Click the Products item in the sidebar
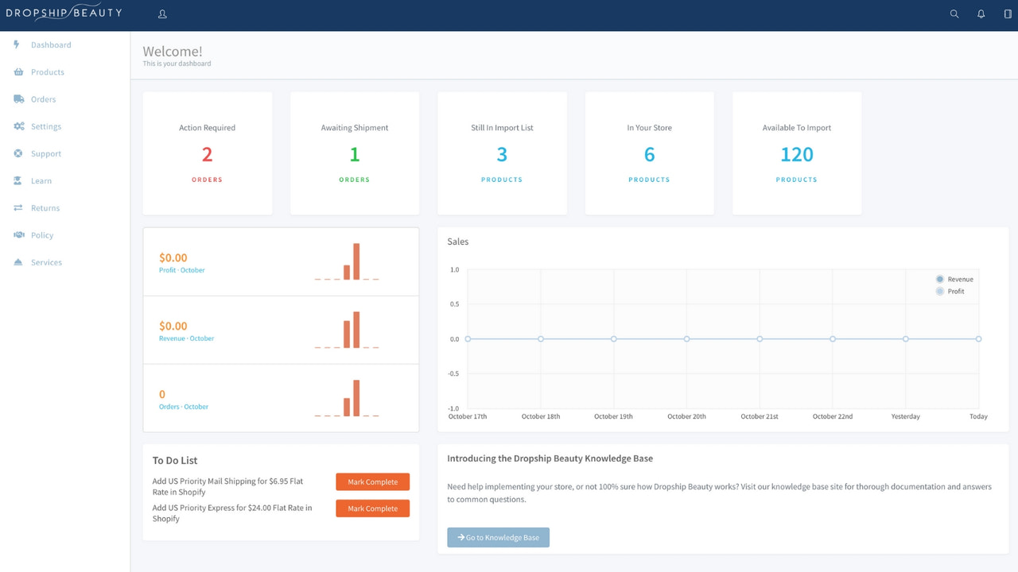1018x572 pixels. (x=47, y=72)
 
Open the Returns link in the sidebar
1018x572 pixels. (x=45, y=208)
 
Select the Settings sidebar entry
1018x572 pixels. (x=45, y=126)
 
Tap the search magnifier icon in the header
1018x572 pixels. (x=954, y=14)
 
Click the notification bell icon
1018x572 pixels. (x=981, y=14)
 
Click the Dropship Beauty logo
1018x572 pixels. (x=64, y=13)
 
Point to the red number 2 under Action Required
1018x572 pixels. (x=207, y=154)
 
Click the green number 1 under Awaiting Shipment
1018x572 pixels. (x=355, y=154)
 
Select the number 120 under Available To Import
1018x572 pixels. (x=796, y=154)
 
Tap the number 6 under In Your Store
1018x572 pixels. (x=649, y=154)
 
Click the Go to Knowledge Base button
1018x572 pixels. (x=498, y=538)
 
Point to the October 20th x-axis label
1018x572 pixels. (x=686, y=416)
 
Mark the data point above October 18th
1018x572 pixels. (x=541, y=339)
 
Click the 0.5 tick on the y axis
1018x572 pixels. (x=454, y=304)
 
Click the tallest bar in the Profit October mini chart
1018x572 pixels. (x=356, y=261)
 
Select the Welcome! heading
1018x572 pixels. (x=173, y=52)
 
